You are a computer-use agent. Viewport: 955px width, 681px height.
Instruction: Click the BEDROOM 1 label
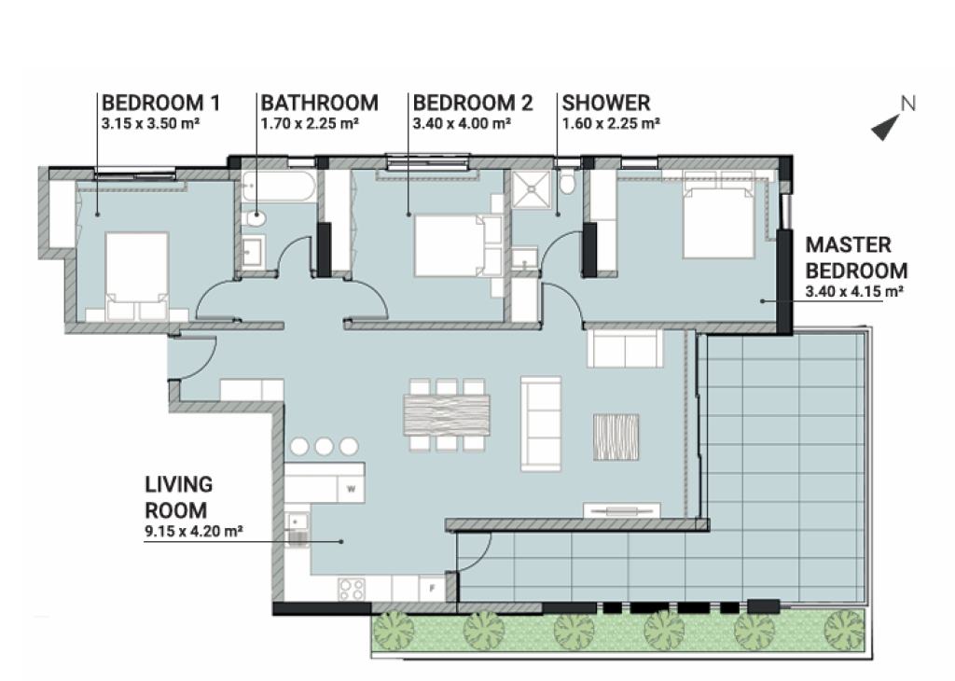pyautogui.click(x=160, y=103)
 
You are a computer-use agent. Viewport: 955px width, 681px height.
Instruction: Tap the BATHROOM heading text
pyautogui.click(x=320, y=103)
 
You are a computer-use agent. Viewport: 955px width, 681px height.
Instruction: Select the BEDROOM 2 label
pyautogui.click(x=473, y=103)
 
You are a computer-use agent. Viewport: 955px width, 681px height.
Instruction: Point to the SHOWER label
pyautogui.click(x=606, y=103)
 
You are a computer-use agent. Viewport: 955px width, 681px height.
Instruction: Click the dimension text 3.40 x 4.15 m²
pyautogui.click(x=854, y=291)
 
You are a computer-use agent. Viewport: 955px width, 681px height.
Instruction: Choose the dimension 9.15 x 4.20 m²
pyautogui.click(x=194, y=531)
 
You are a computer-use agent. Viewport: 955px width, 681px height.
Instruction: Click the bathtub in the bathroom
pyautogui.click(x=278, y=187)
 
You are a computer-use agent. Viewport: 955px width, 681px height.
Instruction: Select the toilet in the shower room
pyautogui.click(x=567, y=181)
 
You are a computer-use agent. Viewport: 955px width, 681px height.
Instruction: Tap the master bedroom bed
pyautogui.click(x=719, y=222)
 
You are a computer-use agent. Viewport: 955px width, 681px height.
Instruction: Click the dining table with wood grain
pyautogui.click(x=447, y=415)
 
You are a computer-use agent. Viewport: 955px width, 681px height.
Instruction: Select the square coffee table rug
pyautogui.click(x=616, y=437)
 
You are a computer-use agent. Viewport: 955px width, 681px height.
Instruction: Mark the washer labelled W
pyautogui.click(x=352, y=489)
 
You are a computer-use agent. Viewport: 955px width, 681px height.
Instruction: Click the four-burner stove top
pyautogui.click(x=352, y=589)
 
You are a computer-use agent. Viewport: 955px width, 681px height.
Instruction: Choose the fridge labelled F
pyautogui.click(x=432, y=589)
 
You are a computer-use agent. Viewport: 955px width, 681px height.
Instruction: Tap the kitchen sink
pyautogui.click(x=297, y=529)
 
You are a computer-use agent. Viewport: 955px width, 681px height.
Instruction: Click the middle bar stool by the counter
pyautogui.click(x=324, y=447)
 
